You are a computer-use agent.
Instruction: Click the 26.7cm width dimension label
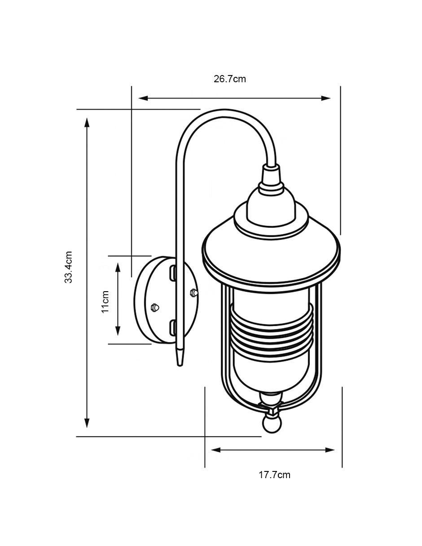click(229, 79)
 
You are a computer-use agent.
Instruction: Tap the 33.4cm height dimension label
click(68, 267)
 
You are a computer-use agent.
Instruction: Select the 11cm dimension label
click(105, 302)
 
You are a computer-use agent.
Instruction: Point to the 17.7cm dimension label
click(274, 475)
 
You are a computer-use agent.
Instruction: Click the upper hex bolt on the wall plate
click(193, 293)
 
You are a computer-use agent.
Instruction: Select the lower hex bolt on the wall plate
click(155, 307)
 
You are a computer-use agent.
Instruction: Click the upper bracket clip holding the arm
click(172, 273)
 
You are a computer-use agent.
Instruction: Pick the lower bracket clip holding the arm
click(172, 328)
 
